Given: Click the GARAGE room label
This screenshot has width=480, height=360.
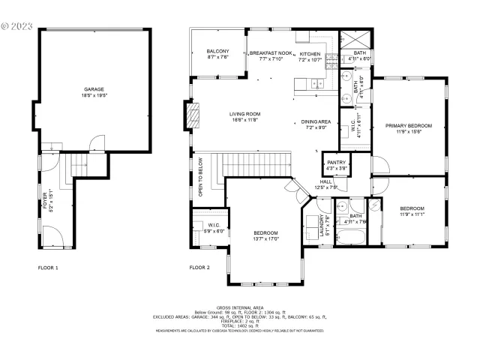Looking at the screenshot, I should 94,89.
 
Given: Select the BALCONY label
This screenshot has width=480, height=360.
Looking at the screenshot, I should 217,51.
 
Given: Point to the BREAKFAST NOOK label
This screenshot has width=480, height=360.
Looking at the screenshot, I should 270,54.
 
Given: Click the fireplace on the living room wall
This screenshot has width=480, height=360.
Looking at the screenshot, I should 193,115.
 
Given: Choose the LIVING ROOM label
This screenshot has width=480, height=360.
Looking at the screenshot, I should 244,115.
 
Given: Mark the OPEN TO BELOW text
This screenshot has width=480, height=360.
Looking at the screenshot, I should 200,177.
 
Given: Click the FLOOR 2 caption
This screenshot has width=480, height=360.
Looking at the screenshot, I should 199,268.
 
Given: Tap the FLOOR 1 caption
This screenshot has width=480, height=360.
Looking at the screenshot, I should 48,268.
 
